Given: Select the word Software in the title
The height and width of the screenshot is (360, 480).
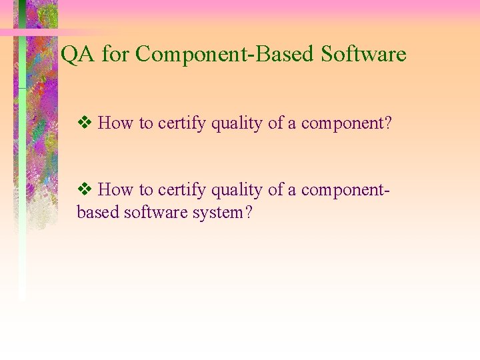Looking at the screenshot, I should tap(363, 54).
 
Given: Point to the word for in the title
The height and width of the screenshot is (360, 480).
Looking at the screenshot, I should tap(116, 55).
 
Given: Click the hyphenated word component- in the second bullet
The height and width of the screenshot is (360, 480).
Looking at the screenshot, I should tap(345, 191).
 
